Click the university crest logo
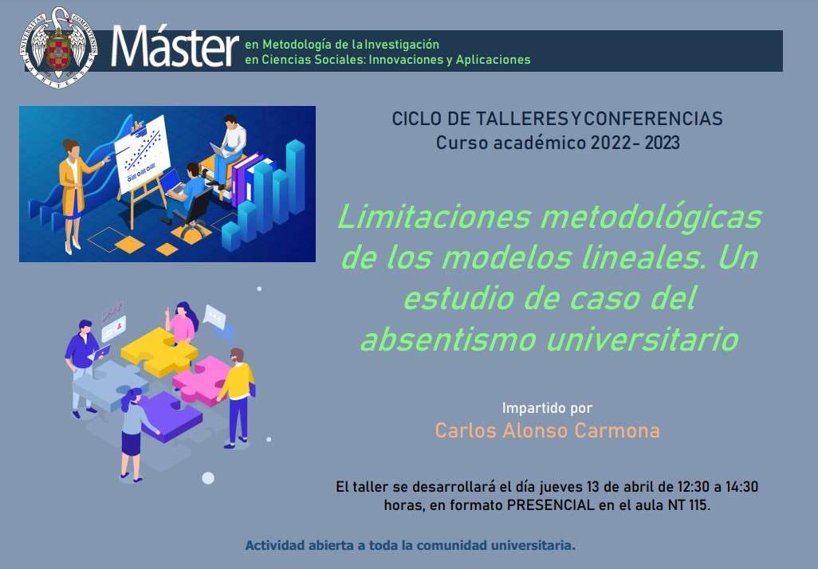58,48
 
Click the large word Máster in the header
175,48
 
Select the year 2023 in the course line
662,143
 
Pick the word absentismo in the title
448,339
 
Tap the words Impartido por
547,408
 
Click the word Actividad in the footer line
274,546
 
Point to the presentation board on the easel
142,154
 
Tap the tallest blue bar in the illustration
295,177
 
